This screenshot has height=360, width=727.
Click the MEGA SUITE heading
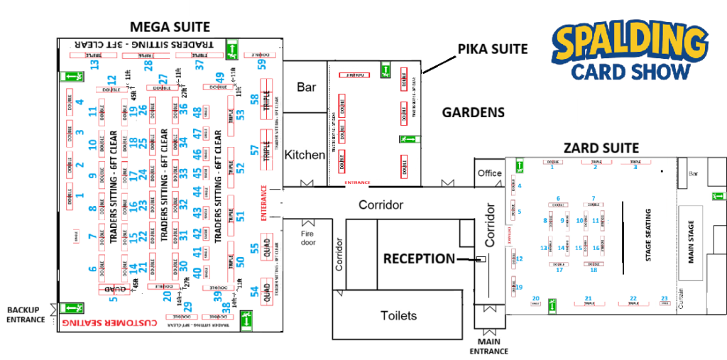170,27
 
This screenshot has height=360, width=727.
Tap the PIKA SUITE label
493,49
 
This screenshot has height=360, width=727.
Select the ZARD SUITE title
601,148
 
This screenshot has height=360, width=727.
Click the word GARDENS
473,112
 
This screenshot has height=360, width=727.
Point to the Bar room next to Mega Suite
306,87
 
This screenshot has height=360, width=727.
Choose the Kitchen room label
305,155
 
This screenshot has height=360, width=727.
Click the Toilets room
398,315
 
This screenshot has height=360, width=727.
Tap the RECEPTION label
419,258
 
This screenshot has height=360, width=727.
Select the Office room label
489,173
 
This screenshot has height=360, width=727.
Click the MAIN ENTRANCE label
488,347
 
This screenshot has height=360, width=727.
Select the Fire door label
307,236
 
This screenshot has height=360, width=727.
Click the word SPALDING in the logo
632,44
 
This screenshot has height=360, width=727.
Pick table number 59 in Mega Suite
261,65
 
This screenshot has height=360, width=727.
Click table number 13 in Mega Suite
94,65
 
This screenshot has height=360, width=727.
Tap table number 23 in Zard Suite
665,298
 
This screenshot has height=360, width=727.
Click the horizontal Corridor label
381,204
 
